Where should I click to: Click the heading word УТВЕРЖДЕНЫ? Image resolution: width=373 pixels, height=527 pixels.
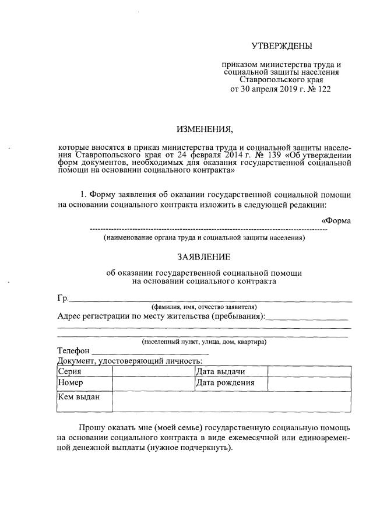(x=282, y=46)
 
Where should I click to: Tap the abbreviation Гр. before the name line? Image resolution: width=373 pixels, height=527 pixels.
(x=63, y=298)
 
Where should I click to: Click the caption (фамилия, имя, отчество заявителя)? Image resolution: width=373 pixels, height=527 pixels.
(x=204, y=307)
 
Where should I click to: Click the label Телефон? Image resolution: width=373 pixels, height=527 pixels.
(x=73, y=351)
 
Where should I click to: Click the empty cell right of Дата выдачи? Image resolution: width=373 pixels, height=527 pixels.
(x=309, y=371)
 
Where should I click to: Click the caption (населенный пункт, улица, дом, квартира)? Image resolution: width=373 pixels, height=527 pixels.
(x=204, y=342)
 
